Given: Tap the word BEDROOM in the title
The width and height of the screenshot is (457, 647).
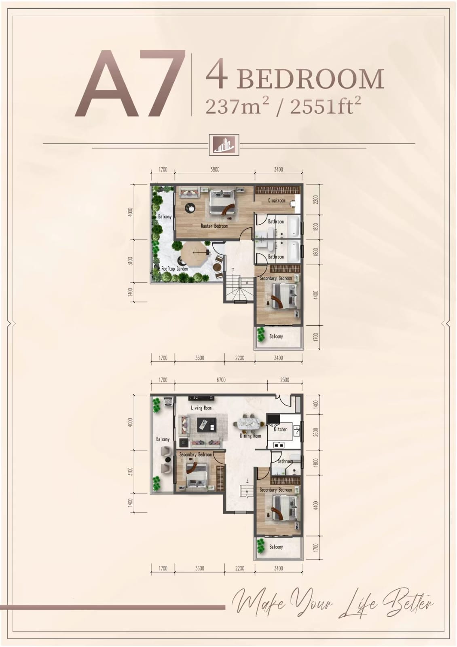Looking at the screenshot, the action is click(311, 79).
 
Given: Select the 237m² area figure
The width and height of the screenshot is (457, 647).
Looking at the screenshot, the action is click(237, 106).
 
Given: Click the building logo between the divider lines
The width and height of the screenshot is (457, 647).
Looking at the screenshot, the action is click(224, 145).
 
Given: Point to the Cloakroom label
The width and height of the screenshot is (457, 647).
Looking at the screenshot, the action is click(277, 200).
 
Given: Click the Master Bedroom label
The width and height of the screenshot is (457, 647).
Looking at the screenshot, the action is click(214, 226).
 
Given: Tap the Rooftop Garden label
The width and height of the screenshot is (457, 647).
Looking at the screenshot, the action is click(175, 269).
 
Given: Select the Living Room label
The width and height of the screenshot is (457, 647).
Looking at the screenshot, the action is click(201, 408).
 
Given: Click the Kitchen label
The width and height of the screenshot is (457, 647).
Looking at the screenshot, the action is click(281, 429).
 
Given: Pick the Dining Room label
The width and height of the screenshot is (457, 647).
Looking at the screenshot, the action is click(250, 436).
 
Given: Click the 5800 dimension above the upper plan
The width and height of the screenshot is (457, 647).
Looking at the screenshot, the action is click(215, 170).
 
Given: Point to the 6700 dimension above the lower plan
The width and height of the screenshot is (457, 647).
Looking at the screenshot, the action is click(221, 380).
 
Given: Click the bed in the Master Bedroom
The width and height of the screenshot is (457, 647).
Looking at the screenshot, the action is click(222, 202).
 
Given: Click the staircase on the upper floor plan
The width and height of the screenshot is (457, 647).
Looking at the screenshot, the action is click(239, 288).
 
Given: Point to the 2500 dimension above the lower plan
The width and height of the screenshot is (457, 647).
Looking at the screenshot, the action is click(285, 380).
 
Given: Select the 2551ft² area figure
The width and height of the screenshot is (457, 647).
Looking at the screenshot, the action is click(326, 106).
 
